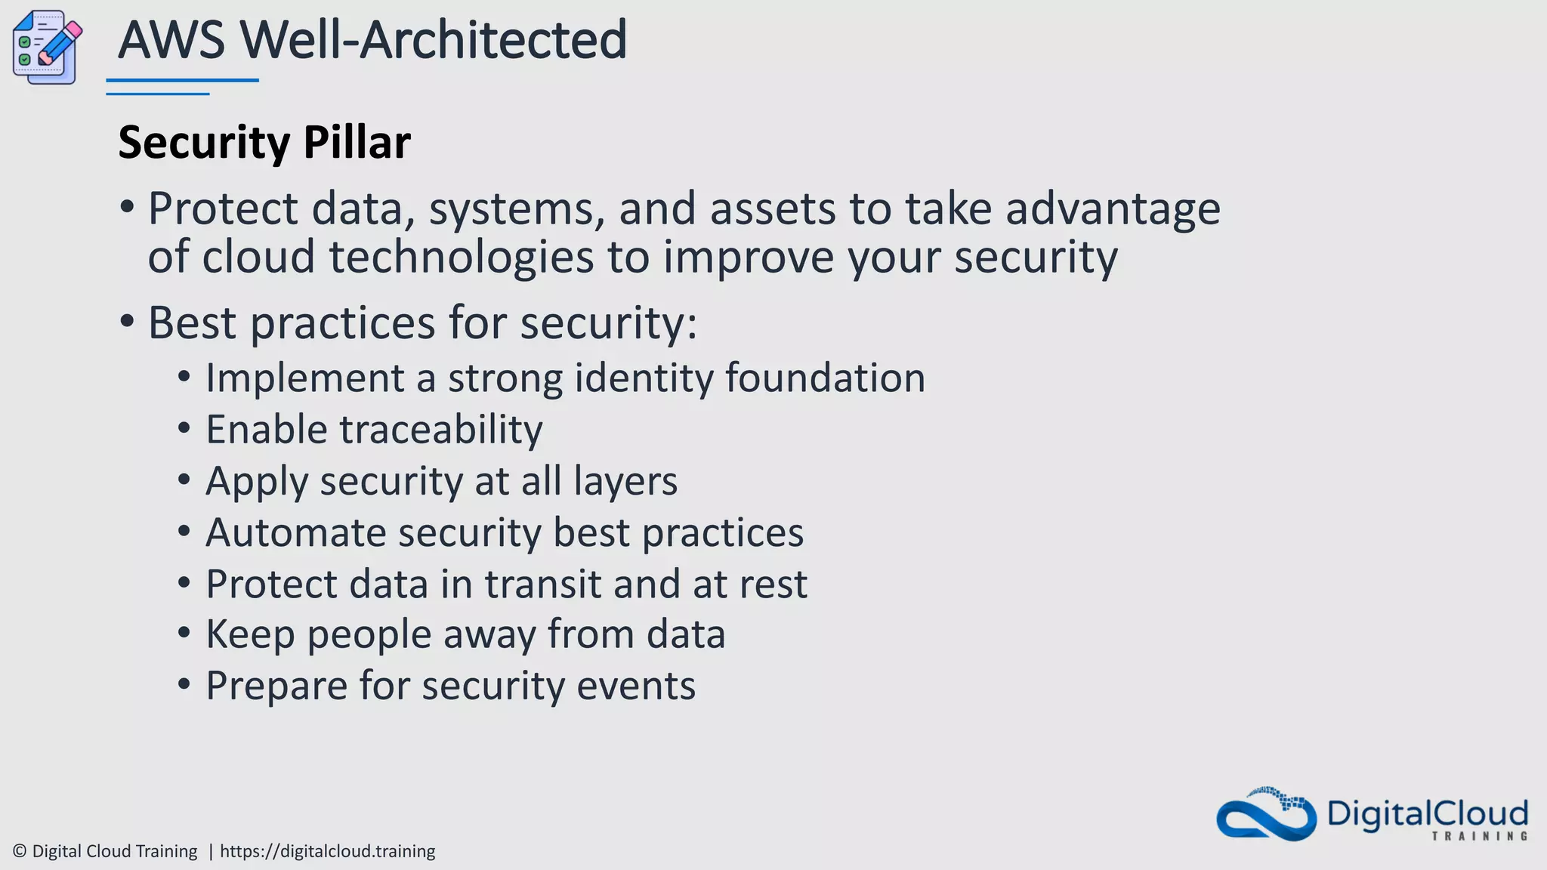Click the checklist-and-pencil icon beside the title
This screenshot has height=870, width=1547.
pyautogui.click(x=47, y=47)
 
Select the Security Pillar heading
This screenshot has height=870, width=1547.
pyautogui.click(x=264, y=142)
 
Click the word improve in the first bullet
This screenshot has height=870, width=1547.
pyautogui.click(x=748, y=258)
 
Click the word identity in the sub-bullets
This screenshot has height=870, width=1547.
pyautogui.click(x=644, y=378)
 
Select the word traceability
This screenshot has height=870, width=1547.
pyautogui.click(x=441, y=430)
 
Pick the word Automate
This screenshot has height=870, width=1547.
pyautogui.click(x=295, y=532)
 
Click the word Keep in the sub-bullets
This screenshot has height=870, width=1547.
pyautogui.click(x=250, y=634)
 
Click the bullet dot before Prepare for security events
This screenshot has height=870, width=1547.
pyautogui.click(x=184, y=685)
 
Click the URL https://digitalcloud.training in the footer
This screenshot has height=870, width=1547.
pyautogui.click(x=327, y=851)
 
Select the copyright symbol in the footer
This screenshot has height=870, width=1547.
pyautogui.click(x=20, y=851)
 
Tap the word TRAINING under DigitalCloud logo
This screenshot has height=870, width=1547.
pyautogui.click(x=1479, y=836)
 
